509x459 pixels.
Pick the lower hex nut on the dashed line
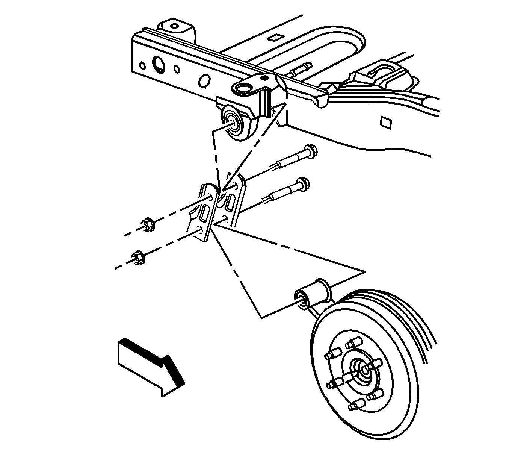point(137,257)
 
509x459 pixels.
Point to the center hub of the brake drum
point(364,368)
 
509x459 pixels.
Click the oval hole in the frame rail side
point(205,80)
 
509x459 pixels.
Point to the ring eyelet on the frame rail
point(244,89)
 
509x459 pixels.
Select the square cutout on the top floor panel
point(274,38)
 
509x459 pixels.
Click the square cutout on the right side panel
point(385,122)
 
